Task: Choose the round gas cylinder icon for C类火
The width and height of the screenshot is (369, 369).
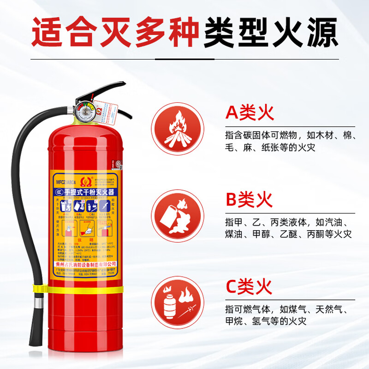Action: point(178,302)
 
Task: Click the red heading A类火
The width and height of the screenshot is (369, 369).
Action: point(249,113)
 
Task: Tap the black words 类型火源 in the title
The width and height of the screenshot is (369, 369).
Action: point(270,31)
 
